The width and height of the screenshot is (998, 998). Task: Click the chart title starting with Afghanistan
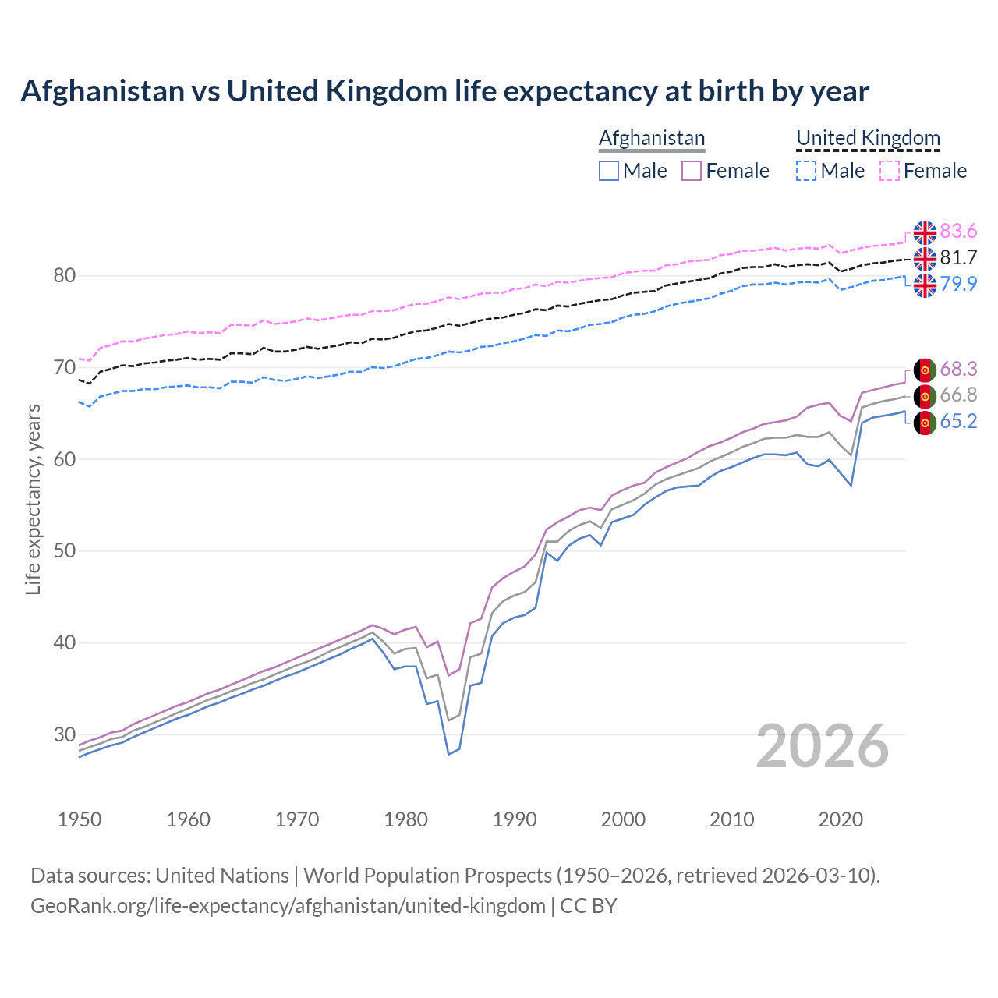point(444,91)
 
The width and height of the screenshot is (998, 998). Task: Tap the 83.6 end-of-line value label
point(958,231)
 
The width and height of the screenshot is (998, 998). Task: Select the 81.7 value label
point(958,257)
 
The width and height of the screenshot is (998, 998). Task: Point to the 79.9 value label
point(958,284)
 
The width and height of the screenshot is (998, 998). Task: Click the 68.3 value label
point(958,369)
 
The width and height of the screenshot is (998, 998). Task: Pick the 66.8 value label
point(958,395)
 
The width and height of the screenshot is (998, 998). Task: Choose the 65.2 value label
point(958,421)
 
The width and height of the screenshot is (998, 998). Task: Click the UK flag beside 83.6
point(925,232)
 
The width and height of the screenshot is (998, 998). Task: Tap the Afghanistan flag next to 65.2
point(925,423)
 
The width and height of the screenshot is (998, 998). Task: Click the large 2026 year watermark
point(823,746)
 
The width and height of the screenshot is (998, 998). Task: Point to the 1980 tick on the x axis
point(405,819)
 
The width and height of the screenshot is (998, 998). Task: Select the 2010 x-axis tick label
point(731,819)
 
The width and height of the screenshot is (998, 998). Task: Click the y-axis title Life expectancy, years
point(33,499)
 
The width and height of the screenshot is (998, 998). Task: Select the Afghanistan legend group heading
point(652,138)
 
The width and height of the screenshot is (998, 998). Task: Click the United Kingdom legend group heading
point(868,138)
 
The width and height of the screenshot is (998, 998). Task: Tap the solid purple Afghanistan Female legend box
point(692,171)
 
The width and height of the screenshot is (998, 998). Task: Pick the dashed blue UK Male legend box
point(806,171)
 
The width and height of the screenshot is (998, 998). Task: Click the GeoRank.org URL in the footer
point(288,906)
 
